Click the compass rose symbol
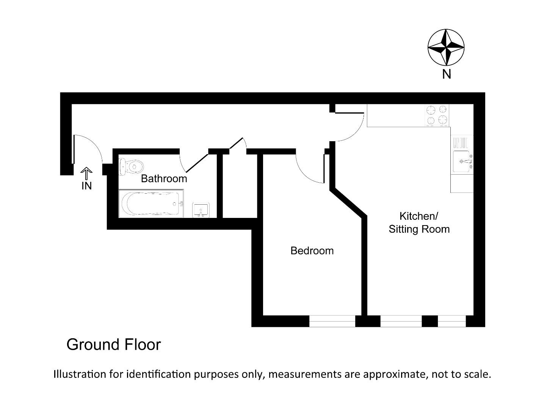(446, 47)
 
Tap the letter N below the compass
(447, 74)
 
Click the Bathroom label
(164, 178)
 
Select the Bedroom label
(312, 251)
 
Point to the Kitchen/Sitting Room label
(419, 222)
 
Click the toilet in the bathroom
(131, 167)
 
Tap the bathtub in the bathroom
(151, 204)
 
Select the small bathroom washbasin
(201, 210)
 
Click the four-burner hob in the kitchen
(437, 115)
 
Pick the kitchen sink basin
(461, 162)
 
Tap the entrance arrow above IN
(87, 173)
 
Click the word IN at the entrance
(87, 186)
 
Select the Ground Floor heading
(114, 345)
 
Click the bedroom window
(332, 321)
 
